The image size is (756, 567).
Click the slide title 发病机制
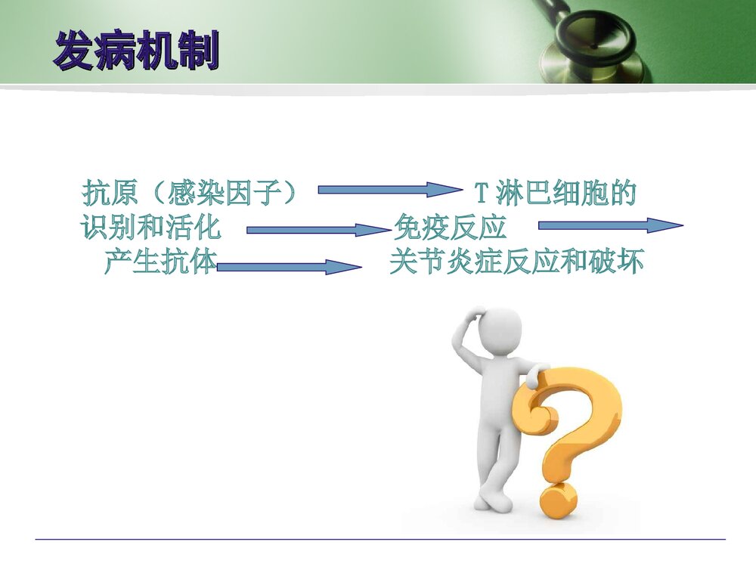tap(136, 51)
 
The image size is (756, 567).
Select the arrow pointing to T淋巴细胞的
tap(390, 190)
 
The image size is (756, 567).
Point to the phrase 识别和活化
tap(151, 228)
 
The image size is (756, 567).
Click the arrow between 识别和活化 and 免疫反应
tap(319, 230)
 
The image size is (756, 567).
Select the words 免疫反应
tap(451, 228)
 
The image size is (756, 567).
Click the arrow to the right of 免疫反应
tap(610, 225)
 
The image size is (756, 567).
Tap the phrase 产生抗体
tap(160, 262)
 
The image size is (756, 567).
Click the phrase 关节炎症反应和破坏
tap(516, 262)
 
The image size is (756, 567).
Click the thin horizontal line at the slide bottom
tap(380, 539)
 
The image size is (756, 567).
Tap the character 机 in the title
tap(157, 51)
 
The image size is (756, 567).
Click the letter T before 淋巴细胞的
tap(482, 194)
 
